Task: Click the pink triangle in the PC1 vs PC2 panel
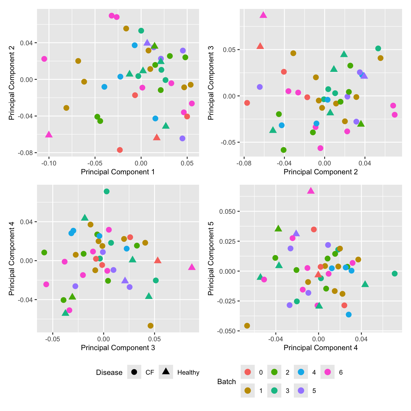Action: (49, 135)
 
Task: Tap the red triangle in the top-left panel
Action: (157, 137)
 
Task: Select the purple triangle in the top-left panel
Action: (147, 43)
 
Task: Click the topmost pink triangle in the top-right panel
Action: (263, 15)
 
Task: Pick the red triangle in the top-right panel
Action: (260, 46)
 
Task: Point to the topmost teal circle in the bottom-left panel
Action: (106, 191)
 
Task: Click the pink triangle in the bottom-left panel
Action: (192, 267)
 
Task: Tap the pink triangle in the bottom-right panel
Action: (311, 191)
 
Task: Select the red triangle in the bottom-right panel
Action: (318, 274)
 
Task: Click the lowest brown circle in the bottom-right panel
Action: (247, 326)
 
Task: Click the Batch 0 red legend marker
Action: (248, 372)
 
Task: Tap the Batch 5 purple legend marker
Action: (301, 391)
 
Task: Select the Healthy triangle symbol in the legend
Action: (166, 372)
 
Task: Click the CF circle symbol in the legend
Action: (134, 372)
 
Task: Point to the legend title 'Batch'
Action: (226, 382)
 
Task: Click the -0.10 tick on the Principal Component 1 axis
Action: (49, 163)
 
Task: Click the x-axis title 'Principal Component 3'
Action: (118, 348)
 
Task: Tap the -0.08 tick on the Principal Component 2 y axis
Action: (26, 153)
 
